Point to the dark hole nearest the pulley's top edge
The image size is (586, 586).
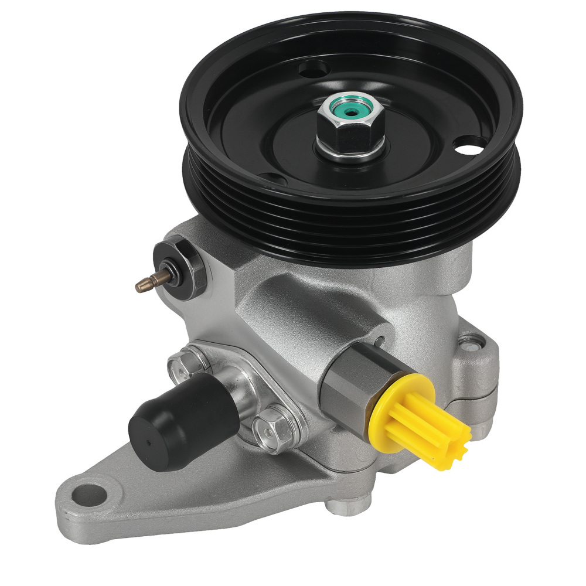[314, 70]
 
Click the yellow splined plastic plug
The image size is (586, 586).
[422, 416]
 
